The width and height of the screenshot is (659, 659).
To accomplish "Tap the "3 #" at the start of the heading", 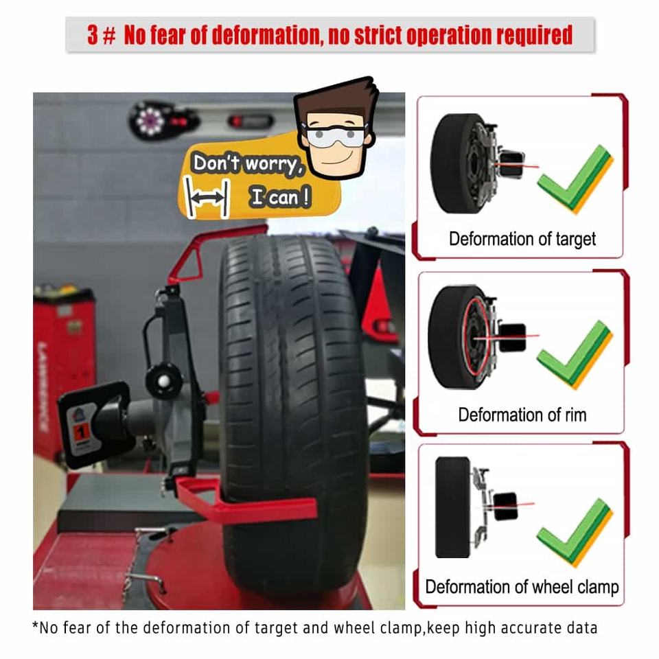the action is pyautogui.click(x=102, y=35).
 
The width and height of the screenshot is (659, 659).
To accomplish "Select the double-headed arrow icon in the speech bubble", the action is pyautogui.click(x=207, y=197).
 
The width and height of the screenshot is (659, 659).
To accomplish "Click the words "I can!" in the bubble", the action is pyautogui.click(x=280, y=197).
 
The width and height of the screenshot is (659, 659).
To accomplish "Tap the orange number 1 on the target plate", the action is pyautogui.click(x=82, y=432).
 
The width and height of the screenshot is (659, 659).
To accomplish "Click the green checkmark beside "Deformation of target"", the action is pyautogui.click(x=575, y=178).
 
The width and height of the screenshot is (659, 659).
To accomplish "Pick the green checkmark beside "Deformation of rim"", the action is pyautogui.click(x=575, y=354).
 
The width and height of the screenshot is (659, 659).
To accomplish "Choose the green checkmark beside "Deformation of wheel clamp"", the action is pyautogui.click(x=575, y=532).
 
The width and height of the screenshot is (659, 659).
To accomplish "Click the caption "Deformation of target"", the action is pyautogui.click(x=522, y=239).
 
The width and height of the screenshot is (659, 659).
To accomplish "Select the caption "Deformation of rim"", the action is pyautogui.click(x=522, y=415).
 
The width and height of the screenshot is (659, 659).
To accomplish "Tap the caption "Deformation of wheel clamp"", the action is pyautogui.click(x=522, y=587).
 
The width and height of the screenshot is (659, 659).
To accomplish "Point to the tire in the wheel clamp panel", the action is pyautogui.click(x=453, y=507).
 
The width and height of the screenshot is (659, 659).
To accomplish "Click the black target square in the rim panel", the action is pyautogui.click(x=513, y=338).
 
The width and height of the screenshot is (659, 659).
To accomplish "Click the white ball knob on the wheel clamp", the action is pyautogui.click(x=164, y=382).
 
